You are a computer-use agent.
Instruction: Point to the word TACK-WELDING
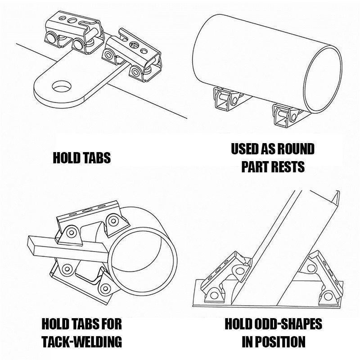pyautogui.click(x=81, y=342)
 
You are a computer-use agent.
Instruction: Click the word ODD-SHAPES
pyautogui.click(x=288, y=324)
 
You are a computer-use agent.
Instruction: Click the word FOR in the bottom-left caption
pyautogui.click(x=111, y=324)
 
